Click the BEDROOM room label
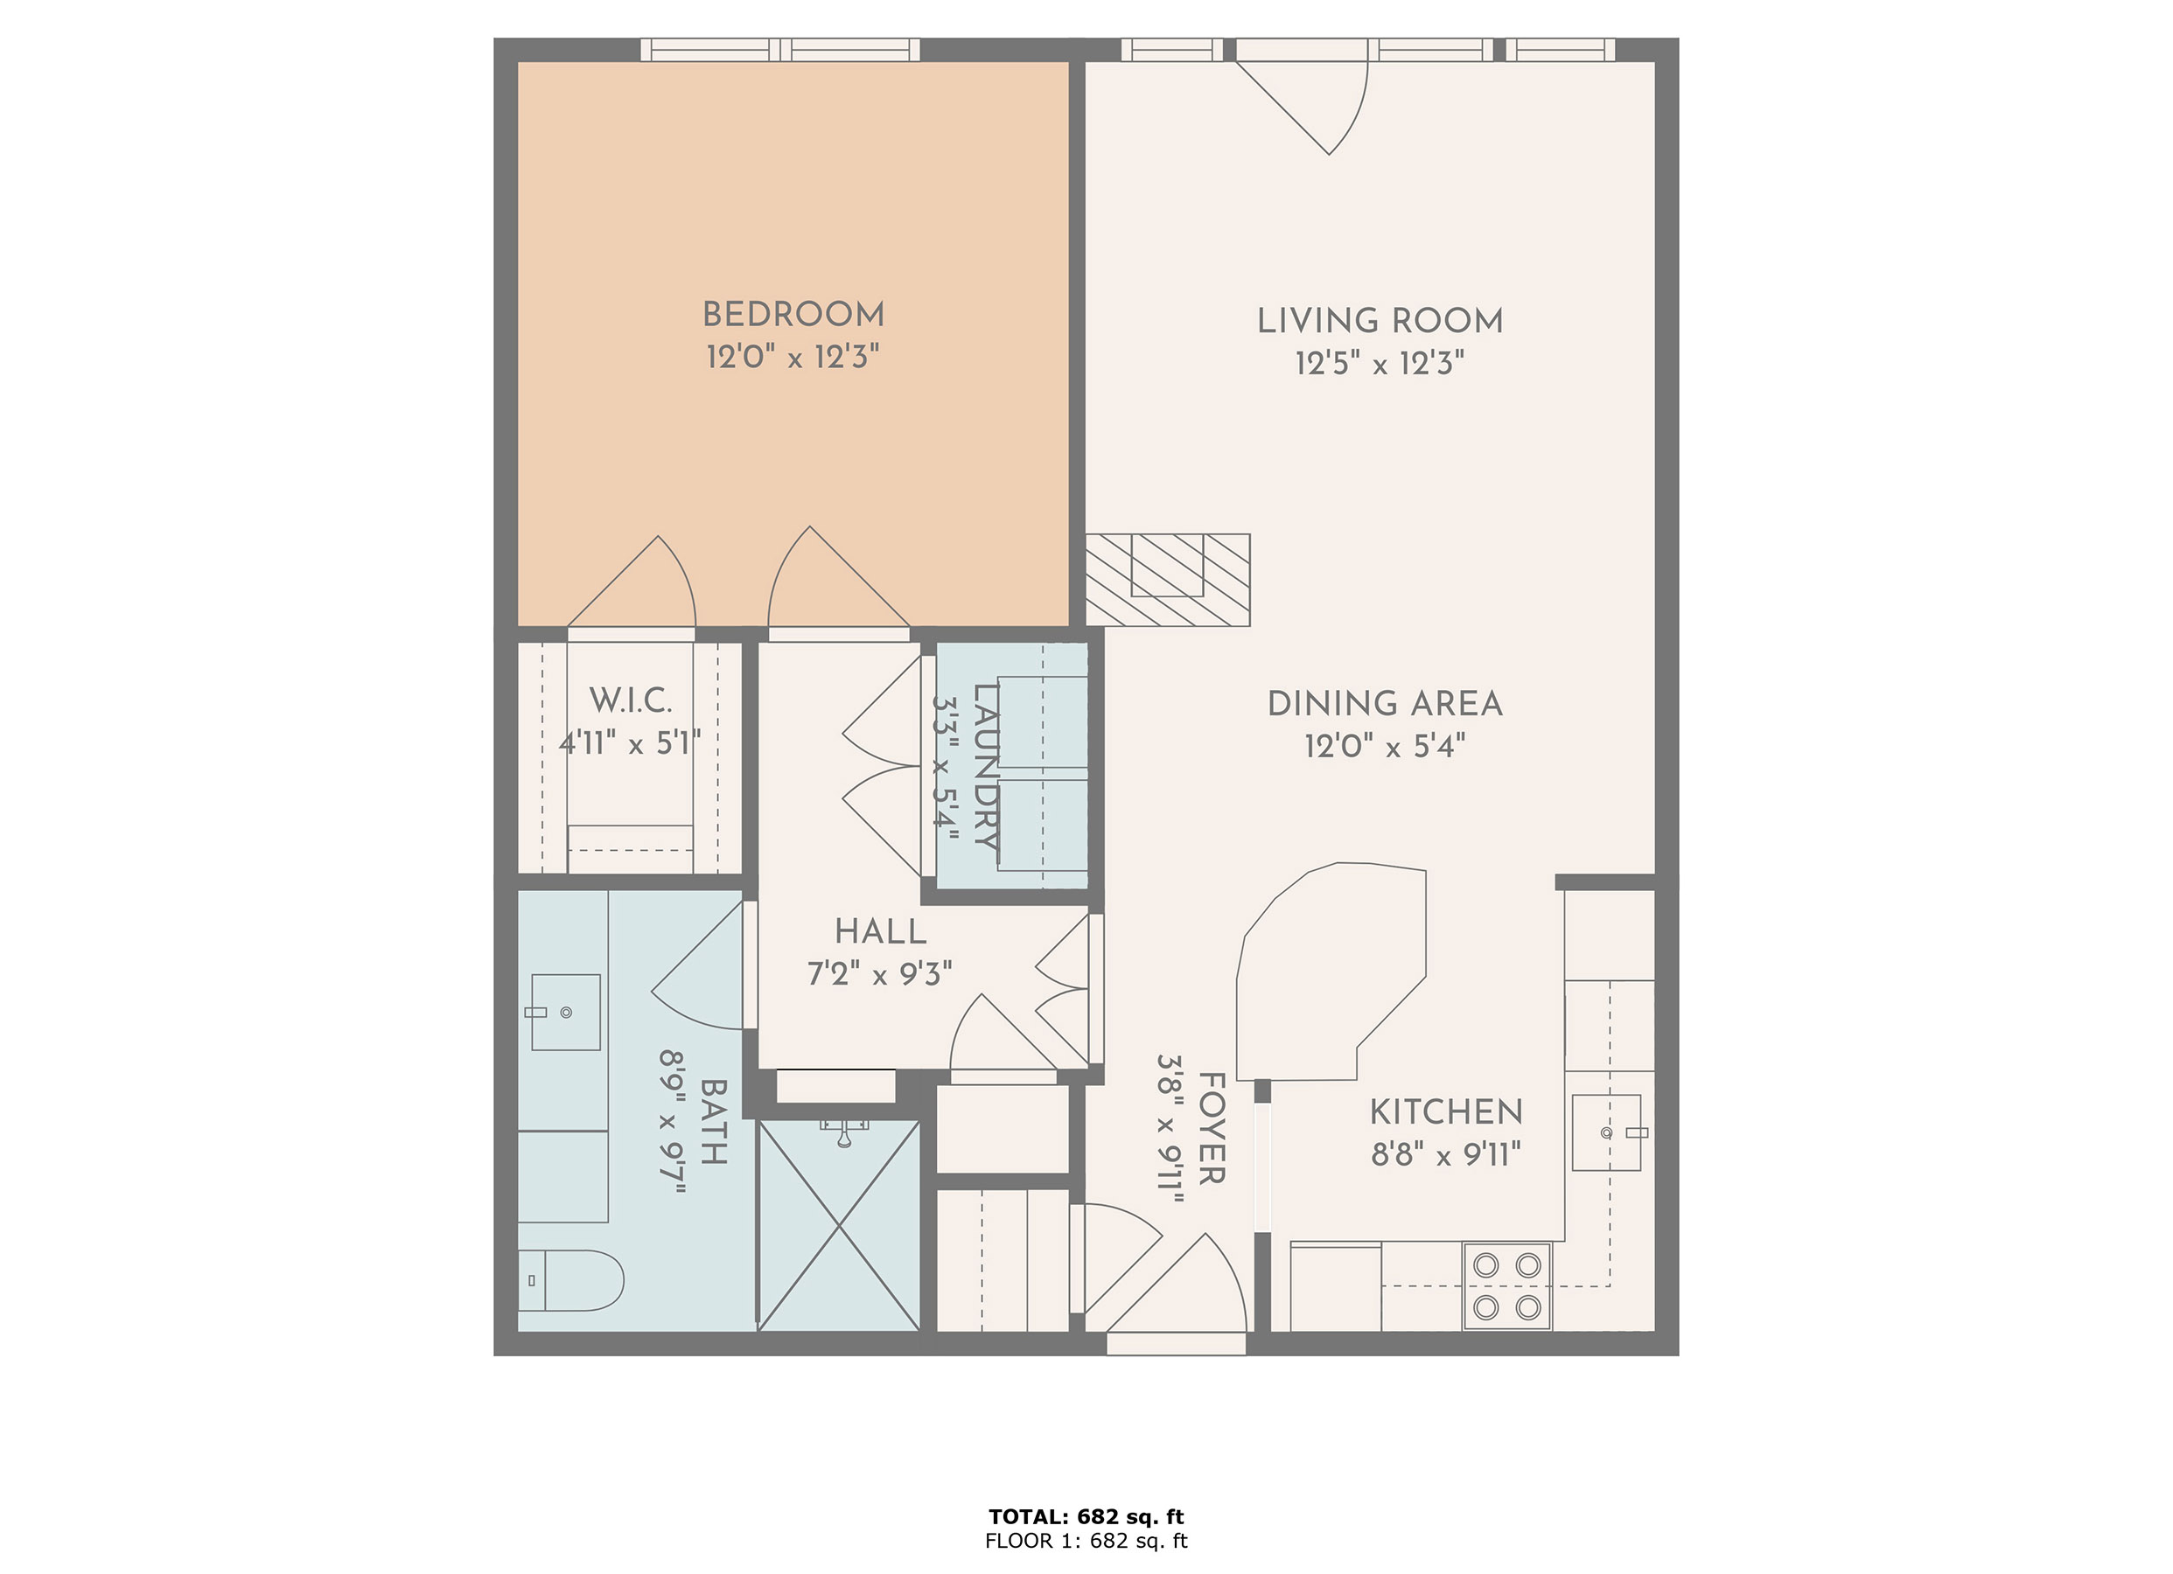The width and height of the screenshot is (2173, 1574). coord(793,314)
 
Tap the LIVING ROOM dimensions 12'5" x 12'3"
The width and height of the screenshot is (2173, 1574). coord(1379,364)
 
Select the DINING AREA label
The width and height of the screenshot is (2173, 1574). coord(1385,704)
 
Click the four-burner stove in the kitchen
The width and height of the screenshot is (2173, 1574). coord(1506,1285)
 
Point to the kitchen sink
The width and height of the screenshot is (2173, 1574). coord(1606,1132)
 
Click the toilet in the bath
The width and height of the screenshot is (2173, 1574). coord(570,1280)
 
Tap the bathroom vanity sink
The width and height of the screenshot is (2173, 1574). coord(565,1012)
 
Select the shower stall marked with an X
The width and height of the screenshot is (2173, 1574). coord(838,1226)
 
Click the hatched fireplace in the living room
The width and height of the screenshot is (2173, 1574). coord(1167,580)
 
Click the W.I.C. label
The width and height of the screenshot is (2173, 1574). coord(630,700)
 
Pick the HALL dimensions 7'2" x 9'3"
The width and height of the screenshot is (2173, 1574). coord(878,974)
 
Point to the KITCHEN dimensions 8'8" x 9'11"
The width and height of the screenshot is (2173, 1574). coord(1445,1155)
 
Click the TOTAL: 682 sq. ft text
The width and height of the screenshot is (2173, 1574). coord(1086,1516)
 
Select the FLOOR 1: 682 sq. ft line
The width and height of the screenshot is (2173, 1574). coord(1086,1541)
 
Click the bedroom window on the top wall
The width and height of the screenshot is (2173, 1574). coord(780,50)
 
